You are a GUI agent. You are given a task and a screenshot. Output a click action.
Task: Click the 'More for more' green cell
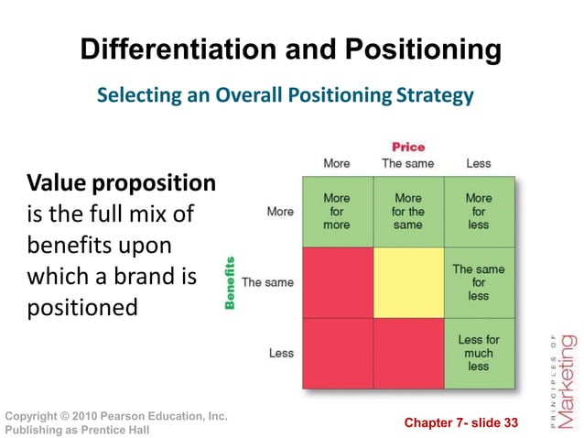(x=336, y=212)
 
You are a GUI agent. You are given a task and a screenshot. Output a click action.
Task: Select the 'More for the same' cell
(x=407, y=212)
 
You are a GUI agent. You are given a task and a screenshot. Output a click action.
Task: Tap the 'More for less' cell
(x=478, y=212)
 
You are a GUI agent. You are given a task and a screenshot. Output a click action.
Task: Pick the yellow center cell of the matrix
(x=407, y=282)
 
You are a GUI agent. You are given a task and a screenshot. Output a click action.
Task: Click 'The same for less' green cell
(x=478, y=282)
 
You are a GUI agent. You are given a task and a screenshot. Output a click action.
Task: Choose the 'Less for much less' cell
(x=478, y=353)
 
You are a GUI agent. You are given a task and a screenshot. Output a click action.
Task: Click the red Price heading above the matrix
(x=408, y=147)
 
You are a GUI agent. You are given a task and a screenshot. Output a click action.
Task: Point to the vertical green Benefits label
(x=230, y=282)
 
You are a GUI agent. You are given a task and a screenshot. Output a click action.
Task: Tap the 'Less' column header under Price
(x=478, y=164)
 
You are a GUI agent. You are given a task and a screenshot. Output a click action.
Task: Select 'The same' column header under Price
(x=407, y=164)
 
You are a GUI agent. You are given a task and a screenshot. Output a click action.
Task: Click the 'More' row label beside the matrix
(x=280, y=212)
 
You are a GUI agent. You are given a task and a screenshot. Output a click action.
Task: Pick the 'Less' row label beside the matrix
(x=281, y=353)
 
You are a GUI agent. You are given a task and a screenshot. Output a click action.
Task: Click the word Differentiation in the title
(x=166, y=49)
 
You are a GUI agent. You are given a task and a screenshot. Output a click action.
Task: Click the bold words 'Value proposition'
(x=121, y=183)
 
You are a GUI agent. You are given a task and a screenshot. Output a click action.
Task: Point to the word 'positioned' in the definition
(x=82, y=306)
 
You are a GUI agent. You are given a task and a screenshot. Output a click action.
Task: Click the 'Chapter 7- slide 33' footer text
(x=460, y=422)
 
